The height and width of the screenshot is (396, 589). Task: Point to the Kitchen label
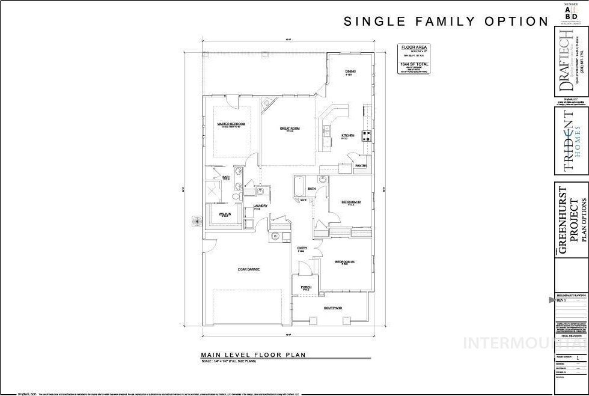(348, 136)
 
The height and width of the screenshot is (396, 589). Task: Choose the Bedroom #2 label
(350, 202)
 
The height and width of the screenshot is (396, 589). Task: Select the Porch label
(306, 288)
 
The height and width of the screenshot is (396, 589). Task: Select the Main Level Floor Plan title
(253, 355)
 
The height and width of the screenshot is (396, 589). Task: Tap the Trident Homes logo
(570, 141)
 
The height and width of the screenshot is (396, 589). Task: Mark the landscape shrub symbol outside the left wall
(197, 221)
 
